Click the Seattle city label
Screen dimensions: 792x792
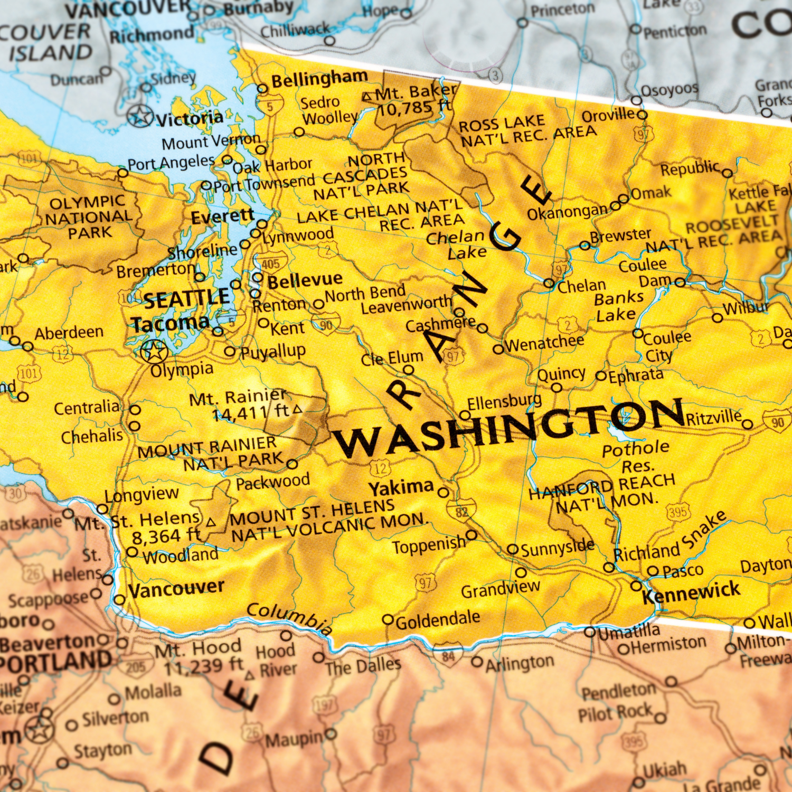coord(186,299)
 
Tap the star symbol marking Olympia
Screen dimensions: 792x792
coord(154,351)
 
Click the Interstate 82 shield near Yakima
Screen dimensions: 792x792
coord(461,511)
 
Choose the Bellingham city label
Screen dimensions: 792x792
coord(319,80)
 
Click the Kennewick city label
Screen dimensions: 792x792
coord(691,592)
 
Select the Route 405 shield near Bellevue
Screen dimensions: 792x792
coord(270,263)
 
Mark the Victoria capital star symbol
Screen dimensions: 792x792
coord(140,116)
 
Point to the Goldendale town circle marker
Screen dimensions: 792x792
coord(388,619)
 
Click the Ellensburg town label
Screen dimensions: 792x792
coord(504,402)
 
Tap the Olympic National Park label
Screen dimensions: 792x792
coord(88,217)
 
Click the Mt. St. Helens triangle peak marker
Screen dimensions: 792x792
coord(211,523)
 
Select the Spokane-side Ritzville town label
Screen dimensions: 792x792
coord(713,418)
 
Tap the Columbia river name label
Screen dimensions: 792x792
coord(289,618)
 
